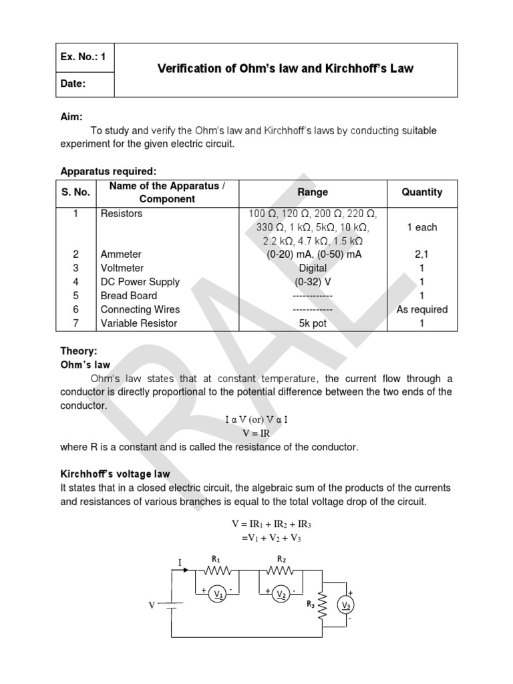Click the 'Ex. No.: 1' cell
(x=83, y=57)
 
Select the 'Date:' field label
(x=74, y=84)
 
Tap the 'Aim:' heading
(x=72, y=117)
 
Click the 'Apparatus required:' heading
(x=108, y=172)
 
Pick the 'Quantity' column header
(x=421, y=192)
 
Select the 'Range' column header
(x=313, y=192)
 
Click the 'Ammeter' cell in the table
(x=121, y=254)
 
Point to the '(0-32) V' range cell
(x=313, y=282)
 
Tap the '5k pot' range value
(x=313, y=323)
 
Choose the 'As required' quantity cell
(x=421, y=309)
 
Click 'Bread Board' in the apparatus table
(x=129, y=295)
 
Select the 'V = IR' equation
(x=256, y=433)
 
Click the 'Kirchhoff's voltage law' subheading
(x=115, y=474)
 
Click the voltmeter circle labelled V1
(x=218, y=596)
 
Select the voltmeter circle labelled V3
(x=346, y=606)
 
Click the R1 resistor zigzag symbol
(x=217, y=570)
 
